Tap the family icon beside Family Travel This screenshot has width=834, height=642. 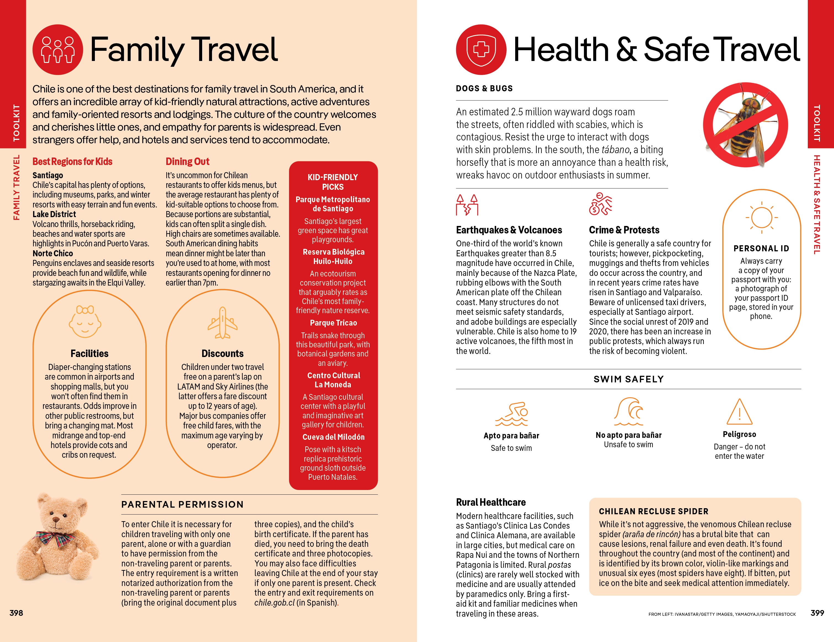pyautogui.click(x=58, y=50)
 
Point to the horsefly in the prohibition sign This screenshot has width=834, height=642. pyautogui.click(x=745, y=124)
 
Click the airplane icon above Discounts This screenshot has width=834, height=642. pyautogui.click(x=222, y=323)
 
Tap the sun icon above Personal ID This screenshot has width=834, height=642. pyautogui.click(x=761, y=218)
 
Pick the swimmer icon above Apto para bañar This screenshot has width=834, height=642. pyautogui.click(x=512, y=414)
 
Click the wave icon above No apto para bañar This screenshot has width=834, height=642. pyautogui.click(x=629, y=412)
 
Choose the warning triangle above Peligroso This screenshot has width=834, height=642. pyautogui.click(x=739, y=412)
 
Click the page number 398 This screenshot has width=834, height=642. pyautogui.click(x=16, y=612)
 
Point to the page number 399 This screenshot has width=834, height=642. pyautogui.click(x=817, y=612)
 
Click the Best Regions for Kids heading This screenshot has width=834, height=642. pyautogui.click(x=72, y=162)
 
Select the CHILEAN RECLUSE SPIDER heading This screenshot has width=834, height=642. pyautogui.click(x=653, y=511)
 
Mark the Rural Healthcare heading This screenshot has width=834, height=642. pyautogui.click(x=491, y=502)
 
